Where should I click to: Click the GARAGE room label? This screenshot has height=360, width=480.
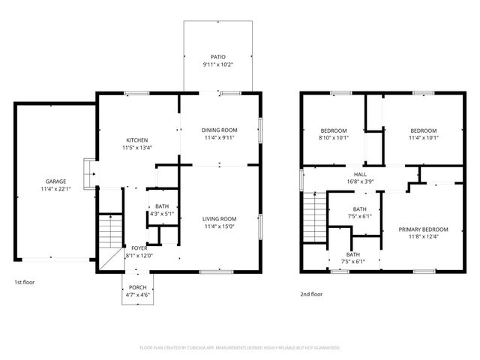[55, 181]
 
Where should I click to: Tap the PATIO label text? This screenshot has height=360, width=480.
[217, 57]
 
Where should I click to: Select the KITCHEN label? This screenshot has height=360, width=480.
[136, 140]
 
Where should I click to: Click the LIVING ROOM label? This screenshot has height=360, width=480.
[220, 219]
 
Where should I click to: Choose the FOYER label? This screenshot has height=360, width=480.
[139, 248]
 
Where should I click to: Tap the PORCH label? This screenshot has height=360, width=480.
[138, 288]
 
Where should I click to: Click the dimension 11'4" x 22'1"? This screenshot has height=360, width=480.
[55, 189]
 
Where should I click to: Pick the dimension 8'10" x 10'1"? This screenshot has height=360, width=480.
[334, 138]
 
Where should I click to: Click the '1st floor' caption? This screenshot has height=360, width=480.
[25, 282]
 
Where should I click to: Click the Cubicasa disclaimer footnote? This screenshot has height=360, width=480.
[240, 348]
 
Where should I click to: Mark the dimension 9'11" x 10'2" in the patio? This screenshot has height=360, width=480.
[217, 65]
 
